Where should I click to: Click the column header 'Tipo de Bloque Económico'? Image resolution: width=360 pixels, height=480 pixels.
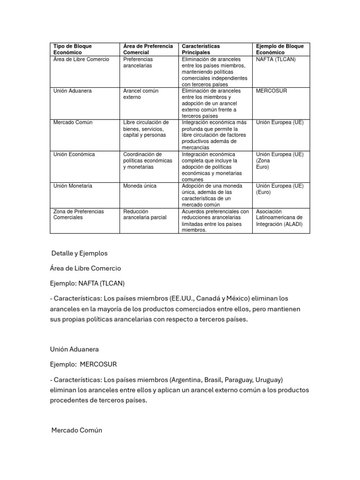click(73, 49)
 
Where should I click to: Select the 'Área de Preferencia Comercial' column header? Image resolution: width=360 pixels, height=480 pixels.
click(148, 49)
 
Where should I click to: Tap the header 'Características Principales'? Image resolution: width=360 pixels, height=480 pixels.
click(201, 49)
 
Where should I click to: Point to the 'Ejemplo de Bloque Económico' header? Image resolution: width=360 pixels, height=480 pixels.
click(280, 49)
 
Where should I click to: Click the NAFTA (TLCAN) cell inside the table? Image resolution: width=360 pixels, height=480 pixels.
click(276, 60)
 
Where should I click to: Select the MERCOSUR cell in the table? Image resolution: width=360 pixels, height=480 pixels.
click(271, 91)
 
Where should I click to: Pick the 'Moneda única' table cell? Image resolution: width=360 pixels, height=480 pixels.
click(140, 186)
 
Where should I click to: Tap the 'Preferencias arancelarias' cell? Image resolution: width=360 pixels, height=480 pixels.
click(138, 62)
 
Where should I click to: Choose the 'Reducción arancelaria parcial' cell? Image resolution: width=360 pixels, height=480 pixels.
click(144, 214)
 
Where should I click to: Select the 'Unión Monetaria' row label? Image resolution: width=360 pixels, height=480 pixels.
click(73, 186)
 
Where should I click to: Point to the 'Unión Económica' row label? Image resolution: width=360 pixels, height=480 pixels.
click(74, 154)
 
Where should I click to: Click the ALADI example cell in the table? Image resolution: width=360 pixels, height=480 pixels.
click(279, 217)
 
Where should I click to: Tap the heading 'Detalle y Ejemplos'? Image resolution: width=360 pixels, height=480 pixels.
click(79, 253)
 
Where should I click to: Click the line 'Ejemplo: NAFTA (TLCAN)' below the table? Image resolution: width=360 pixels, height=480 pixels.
click(87, 283)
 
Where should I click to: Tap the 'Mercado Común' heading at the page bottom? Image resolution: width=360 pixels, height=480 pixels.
click(76, 430)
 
